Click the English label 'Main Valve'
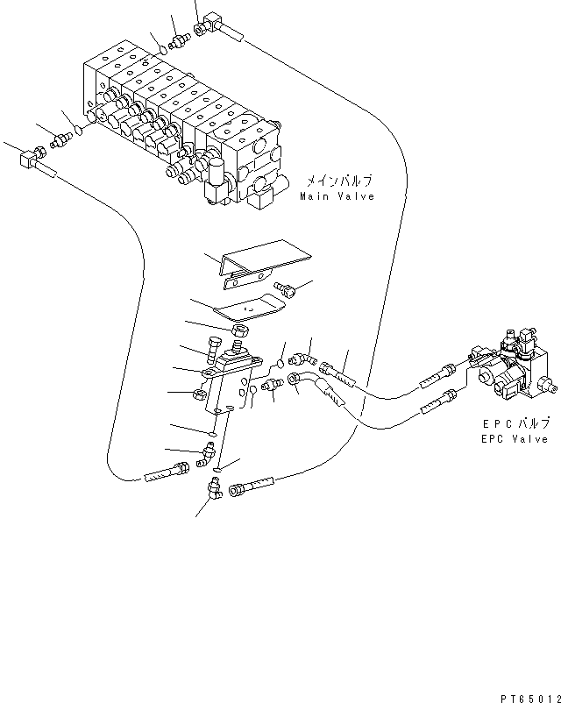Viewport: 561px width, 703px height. pos(337,196)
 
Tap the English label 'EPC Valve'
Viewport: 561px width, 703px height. pos(515,439)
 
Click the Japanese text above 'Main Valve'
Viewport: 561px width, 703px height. pos(339,181)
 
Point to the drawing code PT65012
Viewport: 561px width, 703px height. pos(530,699)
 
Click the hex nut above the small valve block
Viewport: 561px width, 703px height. pos(240,330)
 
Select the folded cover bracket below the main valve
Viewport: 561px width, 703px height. pos(265,264)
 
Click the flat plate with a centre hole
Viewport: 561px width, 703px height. pos(250,309)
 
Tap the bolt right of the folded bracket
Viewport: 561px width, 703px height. pos(285,288)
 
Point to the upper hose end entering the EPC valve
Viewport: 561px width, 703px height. pos(438,377)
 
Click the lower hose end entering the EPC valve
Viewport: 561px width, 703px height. pos(438,401)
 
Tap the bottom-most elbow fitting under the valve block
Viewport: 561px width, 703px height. pos(215,489)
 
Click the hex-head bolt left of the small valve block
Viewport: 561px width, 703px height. pos(214,349)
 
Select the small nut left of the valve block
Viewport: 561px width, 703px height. pos(199,394)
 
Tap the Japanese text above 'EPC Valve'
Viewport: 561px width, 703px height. pos(515,423)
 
